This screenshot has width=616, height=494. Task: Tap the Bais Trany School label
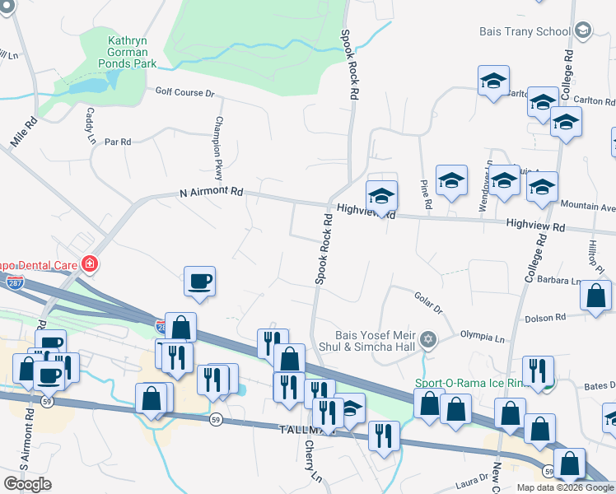click(524, 31)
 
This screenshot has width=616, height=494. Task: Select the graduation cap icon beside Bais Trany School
click(583, 31)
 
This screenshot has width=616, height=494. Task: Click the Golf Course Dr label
click(184, 92)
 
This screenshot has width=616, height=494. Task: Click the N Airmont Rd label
click(212, 192)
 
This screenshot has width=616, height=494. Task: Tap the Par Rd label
click(119, 142)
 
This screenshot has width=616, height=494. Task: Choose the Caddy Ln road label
click(89, 124)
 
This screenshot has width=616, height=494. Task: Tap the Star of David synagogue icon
click(427, 339)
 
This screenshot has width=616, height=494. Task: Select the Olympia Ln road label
click(482, 337)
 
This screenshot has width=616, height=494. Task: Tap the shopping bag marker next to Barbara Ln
click(595, 296)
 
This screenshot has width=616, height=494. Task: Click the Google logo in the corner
click(28, 484)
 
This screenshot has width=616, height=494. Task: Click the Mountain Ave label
click(587, 207)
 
